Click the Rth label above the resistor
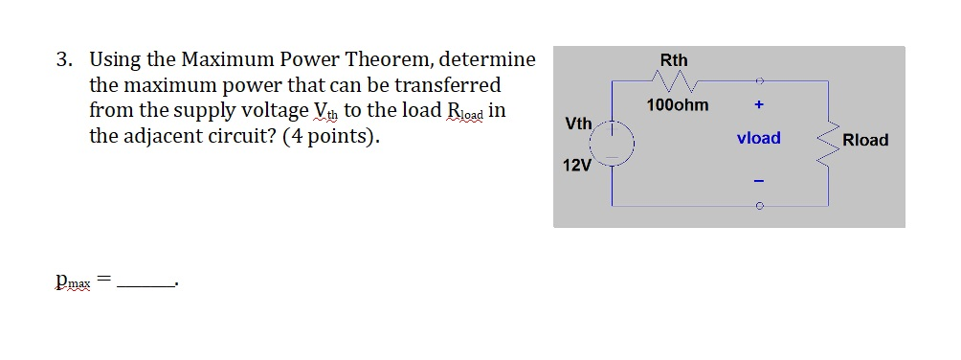[x=674, y=59]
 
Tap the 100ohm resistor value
[x=678, y=105]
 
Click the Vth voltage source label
[x=578, y=124]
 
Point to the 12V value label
[x=576, y=165]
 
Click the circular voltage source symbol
[x=612, y=144]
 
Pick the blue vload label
[x=758, y=138]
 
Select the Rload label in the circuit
[x=865, y=140]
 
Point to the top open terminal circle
[x=758, y=81]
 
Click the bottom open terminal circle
[x=758, y=205]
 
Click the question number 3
[x=62, y=60]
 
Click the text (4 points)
[x=330, y=135]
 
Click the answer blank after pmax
[x=146, y=283]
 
